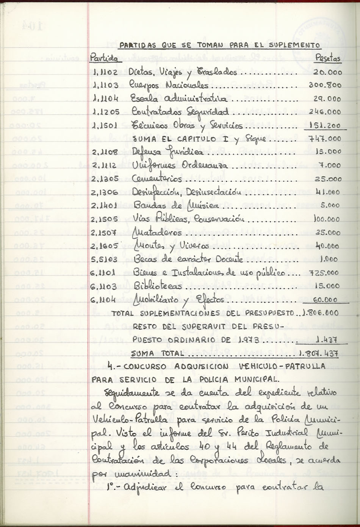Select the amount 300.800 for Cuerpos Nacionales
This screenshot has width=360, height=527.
pos(325,85)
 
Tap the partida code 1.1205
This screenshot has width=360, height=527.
pos(106,112)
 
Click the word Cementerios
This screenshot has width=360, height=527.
pos(157,178)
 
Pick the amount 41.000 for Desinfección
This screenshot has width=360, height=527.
pos(328,192)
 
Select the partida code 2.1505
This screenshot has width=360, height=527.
pos(105,219)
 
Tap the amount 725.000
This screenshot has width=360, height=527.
pos(324,272)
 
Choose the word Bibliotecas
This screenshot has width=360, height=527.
pos(158,286)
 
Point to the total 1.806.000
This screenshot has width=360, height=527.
pos(320,313)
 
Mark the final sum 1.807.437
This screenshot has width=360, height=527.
pos(318,353)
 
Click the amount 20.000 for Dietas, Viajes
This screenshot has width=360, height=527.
pos(328,72)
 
